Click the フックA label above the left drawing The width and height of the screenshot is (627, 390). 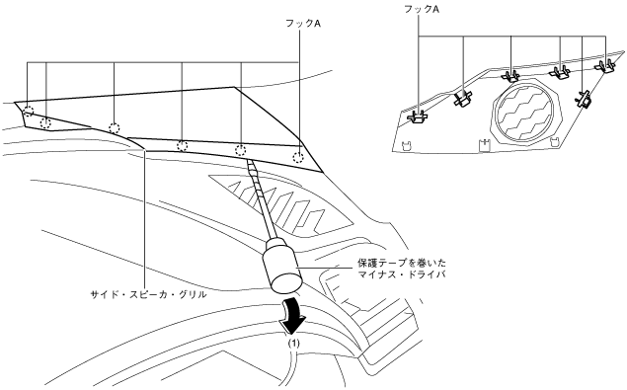click(303, 24)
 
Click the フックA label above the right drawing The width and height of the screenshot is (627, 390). click(421, 9)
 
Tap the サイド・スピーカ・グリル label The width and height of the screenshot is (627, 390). click(148, 295)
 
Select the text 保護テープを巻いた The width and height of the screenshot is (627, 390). click(402, 264)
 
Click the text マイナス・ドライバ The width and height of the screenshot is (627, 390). click(402, 274)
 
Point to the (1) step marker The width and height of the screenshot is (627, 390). click(294, 344)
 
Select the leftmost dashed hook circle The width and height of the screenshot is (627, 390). click(29, 111)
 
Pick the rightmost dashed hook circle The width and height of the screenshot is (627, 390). click(298, 157)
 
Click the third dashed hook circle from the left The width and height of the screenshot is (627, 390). click(115, 128)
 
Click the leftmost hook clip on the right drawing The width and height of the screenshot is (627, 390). click(418, 117)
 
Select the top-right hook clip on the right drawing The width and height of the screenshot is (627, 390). click(604, 65)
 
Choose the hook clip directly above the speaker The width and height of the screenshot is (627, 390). click(510, 75)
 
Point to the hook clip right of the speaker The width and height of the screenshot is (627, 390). click(583, 99)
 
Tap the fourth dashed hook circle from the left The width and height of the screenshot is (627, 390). click(183, 146)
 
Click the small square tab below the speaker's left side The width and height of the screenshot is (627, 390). click(484, 145)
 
